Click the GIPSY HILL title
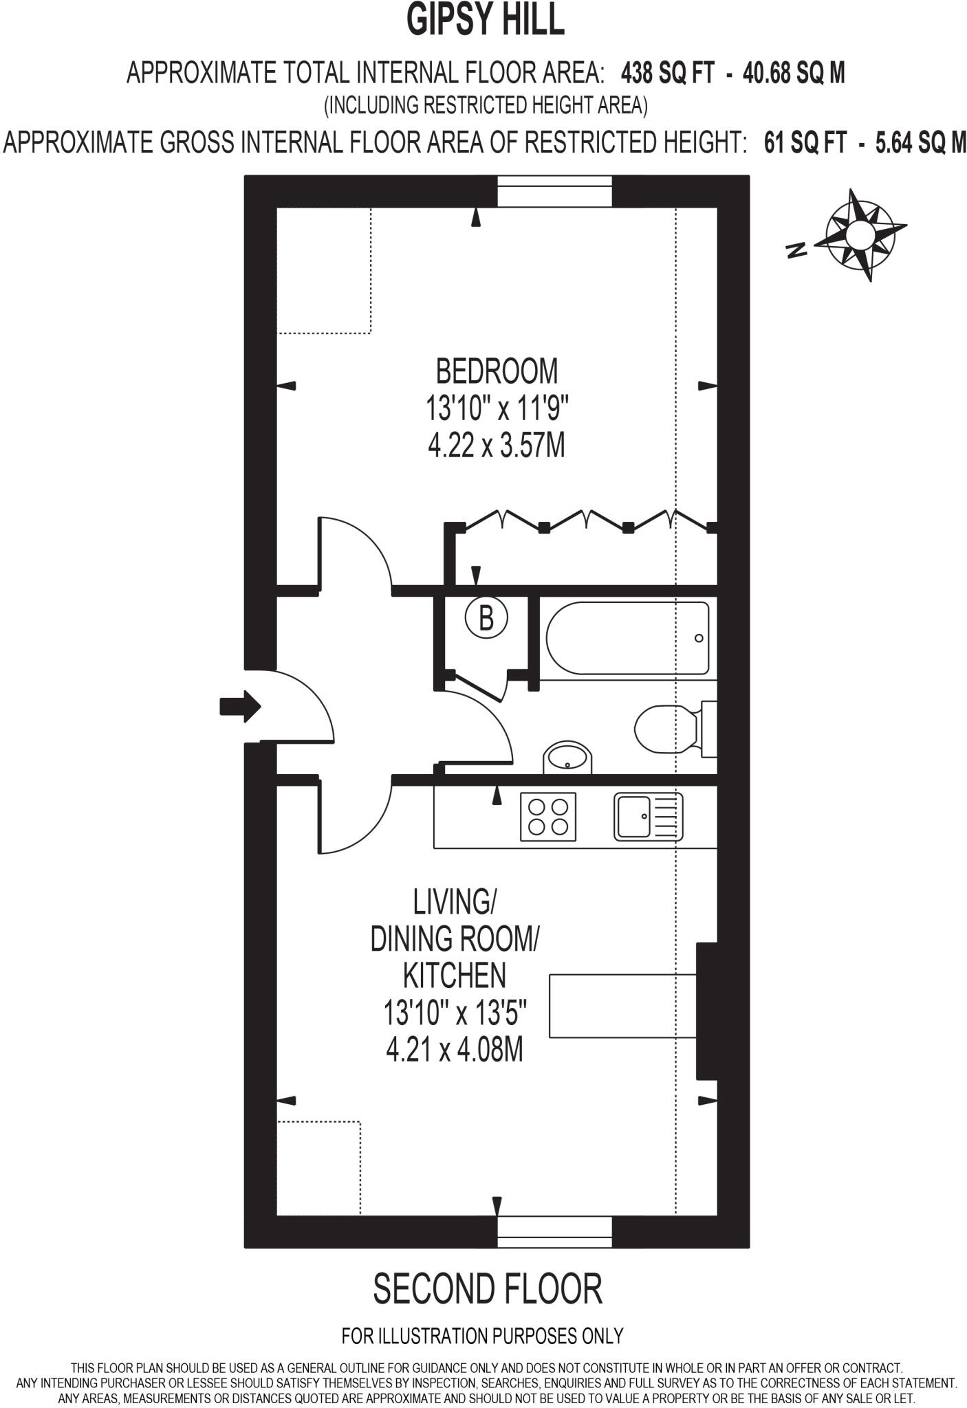[x=485, y=21]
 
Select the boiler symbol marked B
[x=486, y=617]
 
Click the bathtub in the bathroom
[x=627, y=638]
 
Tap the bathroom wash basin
[x=567, y=758]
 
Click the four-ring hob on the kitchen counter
[x=547, y=816]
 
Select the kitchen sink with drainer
[x=648, y=816]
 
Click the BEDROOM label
[x=497, y=371]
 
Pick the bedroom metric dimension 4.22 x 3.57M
[x=497, y=445]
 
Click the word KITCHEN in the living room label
[x=454, y=975]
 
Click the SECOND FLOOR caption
[x=487, y=1289]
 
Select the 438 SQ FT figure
[x=667, y=72]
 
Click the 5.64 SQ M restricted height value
[x=921, y=142]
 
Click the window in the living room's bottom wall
[x=554, y=1232]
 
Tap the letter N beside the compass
[x=796, y=250]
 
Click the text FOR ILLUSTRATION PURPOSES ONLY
[x=482, y=1336]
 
